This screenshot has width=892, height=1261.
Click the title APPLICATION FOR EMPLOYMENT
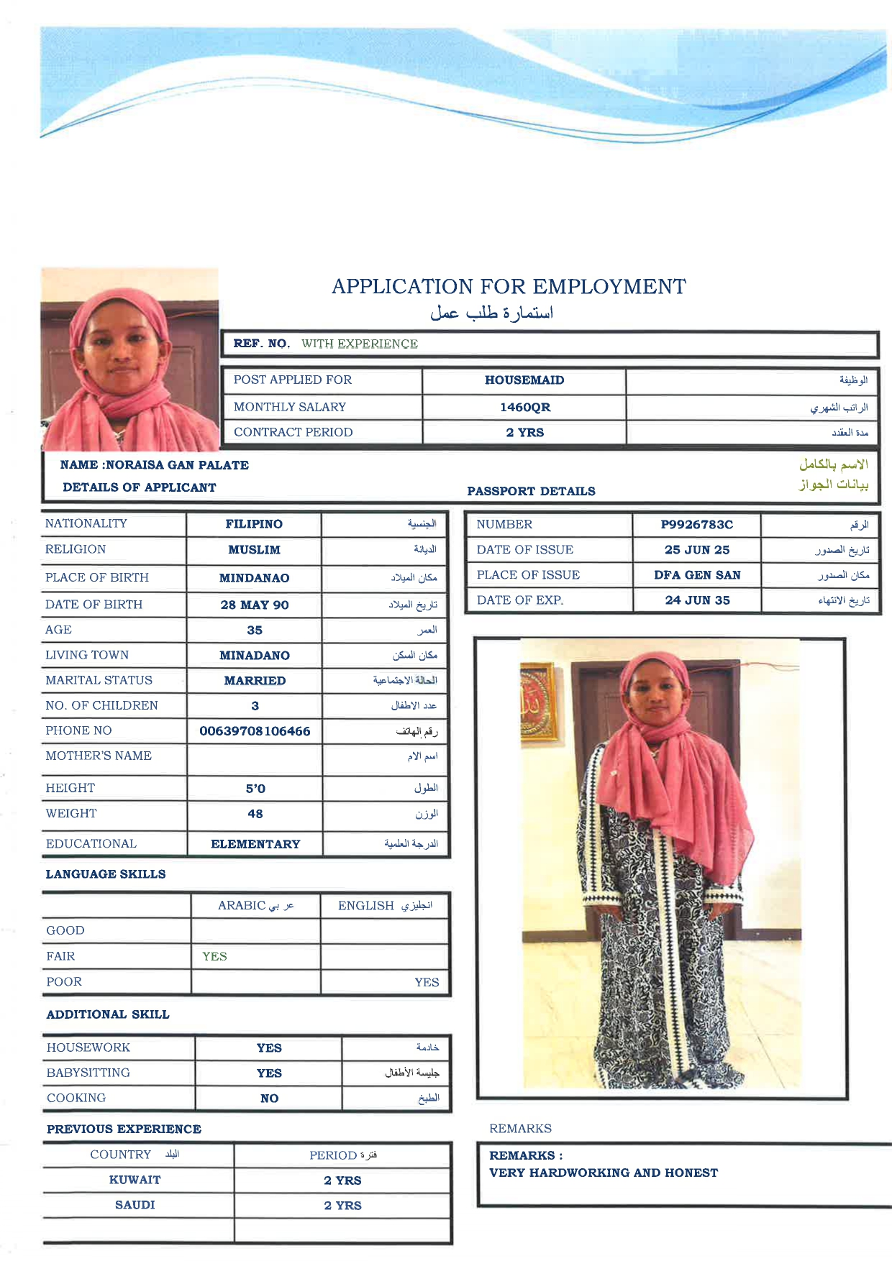[509, 287]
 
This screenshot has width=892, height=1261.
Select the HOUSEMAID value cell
[524, 380]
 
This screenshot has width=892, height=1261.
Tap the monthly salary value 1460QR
[525, 407]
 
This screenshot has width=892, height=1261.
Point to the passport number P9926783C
[696, 525]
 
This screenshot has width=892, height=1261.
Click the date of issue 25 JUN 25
[696, 550]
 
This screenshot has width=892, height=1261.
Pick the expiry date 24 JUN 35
[696, 600]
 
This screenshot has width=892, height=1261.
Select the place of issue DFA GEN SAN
[696, 575]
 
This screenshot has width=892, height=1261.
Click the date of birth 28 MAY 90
[254, 605]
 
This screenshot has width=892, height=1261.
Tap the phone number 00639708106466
[255, 731]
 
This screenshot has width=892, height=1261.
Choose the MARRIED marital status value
[254, 681]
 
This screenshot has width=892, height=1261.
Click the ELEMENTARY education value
[255, 844]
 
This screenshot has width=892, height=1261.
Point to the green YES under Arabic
[214, 956]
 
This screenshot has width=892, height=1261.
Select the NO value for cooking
[269, 1099]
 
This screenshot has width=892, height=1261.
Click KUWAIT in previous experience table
[135, 1180]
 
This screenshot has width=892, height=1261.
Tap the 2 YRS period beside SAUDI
[342, 1206]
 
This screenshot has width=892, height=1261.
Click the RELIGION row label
[76, 549]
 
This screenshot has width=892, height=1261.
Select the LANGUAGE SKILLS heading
[106, 874]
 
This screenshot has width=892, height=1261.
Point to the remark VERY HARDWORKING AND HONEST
[603, 1173]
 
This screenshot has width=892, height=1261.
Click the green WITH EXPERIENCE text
[359, 344]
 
